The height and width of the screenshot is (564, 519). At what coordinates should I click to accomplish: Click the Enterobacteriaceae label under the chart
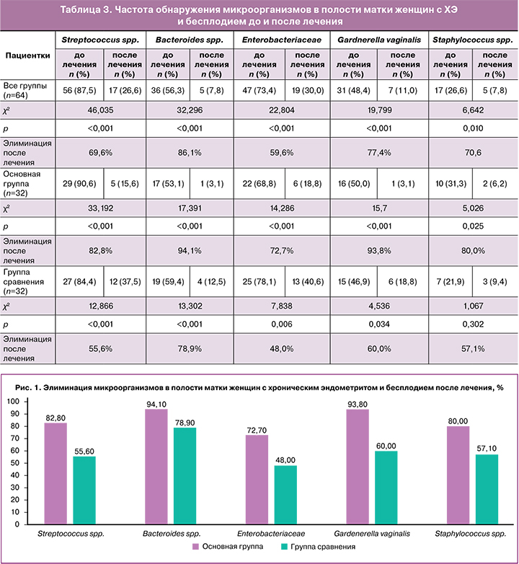tap(268, 534)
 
